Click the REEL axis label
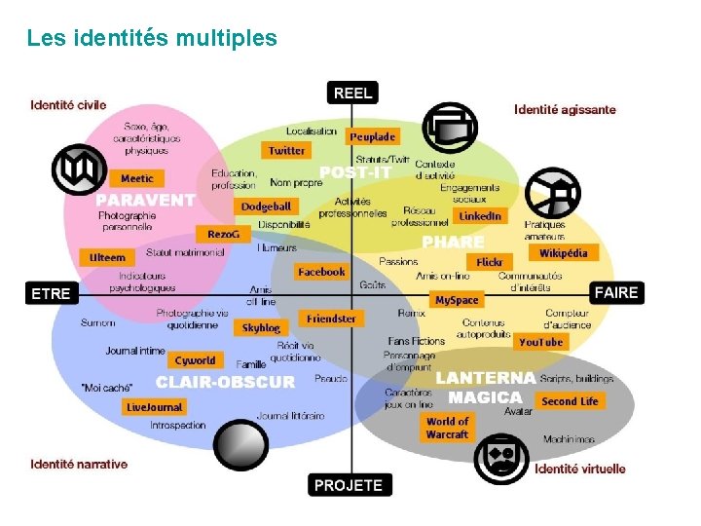click(351, 93)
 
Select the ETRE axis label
click(51, 293)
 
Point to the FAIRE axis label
click(615, 292)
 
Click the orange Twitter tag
click(286, 151)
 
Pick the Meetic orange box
click(136, 179)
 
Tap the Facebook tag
click(321, 273)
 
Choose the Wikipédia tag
click(564, 253)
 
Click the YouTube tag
click(540, 342)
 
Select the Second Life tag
click(570, 401)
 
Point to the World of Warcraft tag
click(447, 428)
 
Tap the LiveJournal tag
click(154, 407)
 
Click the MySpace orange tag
click(457, 301)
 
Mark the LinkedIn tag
click(480, 216)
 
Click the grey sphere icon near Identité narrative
click(240, 445)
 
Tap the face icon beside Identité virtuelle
click(501, 458)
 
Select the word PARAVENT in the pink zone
click(145, 200)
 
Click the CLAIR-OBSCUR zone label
click(224, 382)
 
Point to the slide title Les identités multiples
click(152, 39)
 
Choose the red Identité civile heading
click(68, 105)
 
